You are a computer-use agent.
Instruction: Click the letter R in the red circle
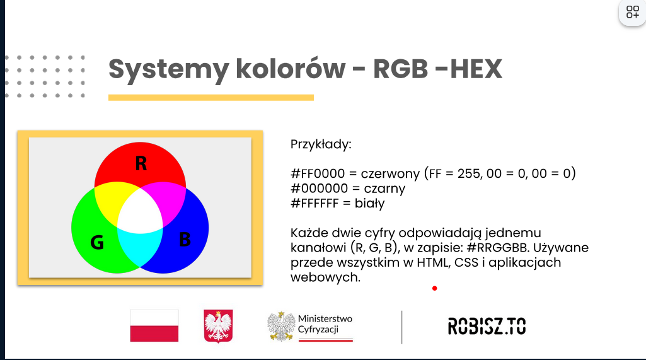(x=141, y=163)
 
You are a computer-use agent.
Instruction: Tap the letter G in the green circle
(x=97, y=243)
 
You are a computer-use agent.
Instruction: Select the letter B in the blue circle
(x=185, y=239)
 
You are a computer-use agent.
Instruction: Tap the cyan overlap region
(x=139, y=247)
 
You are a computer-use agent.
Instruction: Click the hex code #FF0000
(x=318, y=173)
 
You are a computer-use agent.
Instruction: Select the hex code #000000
(x=320, y=189)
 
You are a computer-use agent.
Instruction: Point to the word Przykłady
(x=321, y=145)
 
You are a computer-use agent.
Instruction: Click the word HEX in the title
(x=476, y=69)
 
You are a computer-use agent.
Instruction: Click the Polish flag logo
(x=154, y=326)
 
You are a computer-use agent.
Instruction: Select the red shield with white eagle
(x=218, y=326)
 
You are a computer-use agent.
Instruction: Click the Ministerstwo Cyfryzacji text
(x=325, y=324)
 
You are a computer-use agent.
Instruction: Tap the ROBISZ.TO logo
(x=487, y=326)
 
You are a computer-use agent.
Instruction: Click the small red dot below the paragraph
(x=435, y=288)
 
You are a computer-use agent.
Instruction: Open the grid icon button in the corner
(x=632, y=12)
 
